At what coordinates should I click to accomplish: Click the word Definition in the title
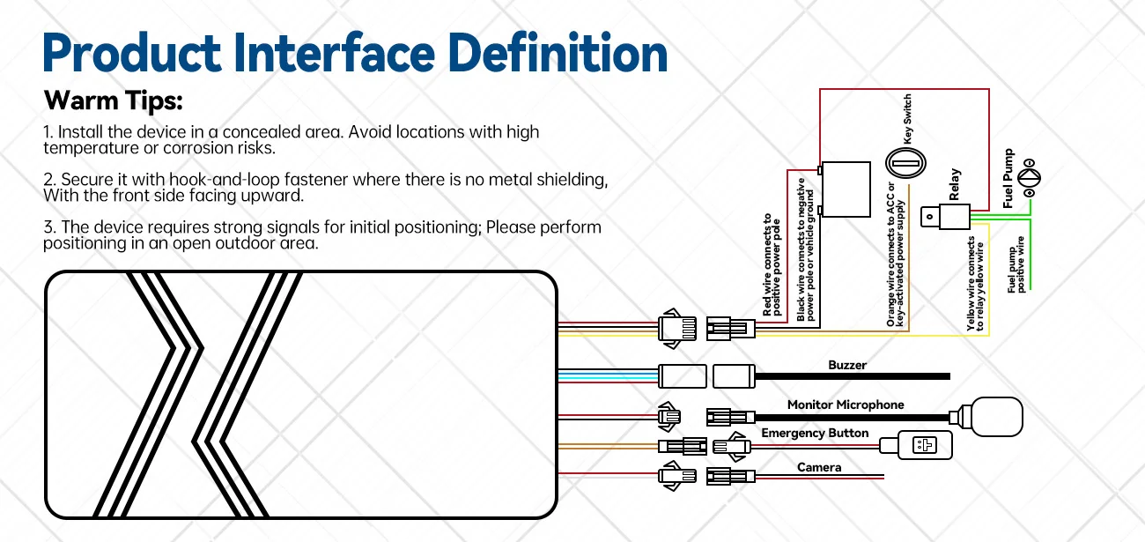[558, 52]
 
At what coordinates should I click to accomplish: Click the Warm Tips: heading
[114, 100]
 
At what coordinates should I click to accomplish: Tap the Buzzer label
[847, 365]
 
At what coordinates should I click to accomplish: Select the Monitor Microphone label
[846, 405]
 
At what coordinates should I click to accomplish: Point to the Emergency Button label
[815, 433]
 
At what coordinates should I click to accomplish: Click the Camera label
[819, 467]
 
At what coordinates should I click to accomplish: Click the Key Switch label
[907, 119]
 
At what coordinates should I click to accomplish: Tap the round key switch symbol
[905, 163]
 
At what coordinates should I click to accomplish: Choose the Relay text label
[954, 184]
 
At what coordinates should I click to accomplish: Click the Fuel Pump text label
[1008, 178]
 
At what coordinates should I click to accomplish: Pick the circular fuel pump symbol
[1029, 178]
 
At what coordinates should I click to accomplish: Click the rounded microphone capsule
[996, 417]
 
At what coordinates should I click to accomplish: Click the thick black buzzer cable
[853, 376]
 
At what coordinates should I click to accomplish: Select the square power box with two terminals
[846, 189]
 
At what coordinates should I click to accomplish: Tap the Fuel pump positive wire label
[1016, 264]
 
